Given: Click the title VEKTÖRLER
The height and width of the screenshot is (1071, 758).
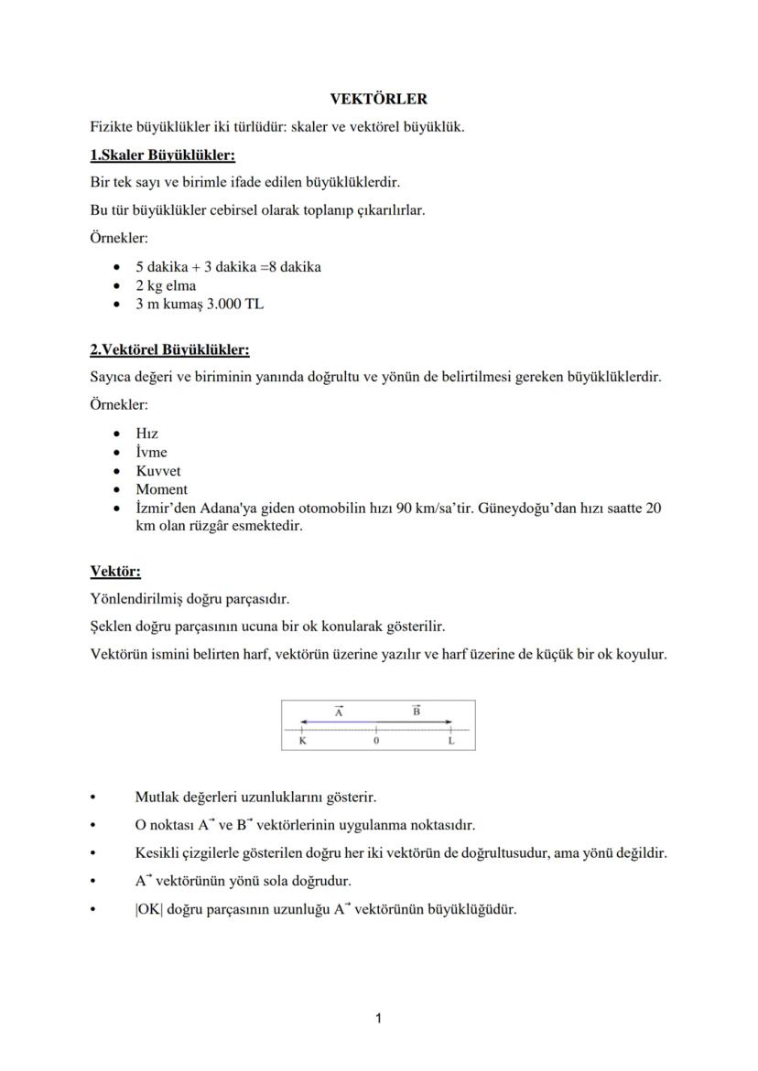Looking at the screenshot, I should pos(379,99).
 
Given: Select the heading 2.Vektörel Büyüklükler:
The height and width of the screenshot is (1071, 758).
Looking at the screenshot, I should pos(169,349).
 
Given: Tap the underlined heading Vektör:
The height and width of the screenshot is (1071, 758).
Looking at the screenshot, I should pos(115,572).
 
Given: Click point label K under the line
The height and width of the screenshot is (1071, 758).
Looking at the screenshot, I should pos(303,742).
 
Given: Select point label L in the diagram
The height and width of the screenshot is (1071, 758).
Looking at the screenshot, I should pos(450,742).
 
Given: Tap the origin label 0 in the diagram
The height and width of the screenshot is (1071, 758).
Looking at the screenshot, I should pos(376,742).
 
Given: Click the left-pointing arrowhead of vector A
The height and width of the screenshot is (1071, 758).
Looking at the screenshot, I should pos(305,723).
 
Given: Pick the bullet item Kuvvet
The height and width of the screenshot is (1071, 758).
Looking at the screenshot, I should pos(159,471).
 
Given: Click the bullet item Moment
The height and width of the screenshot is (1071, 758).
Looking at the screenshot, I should pos(161,489).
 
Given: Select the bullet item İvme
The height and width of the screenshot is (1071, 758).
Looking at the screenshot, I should pos(151,453).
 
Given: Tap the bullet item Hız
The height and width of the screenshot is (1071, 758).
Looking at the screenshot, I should pos(146,434).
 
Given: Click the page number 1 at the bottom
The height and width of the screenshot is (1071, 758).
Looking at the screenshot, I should pos(379,1018).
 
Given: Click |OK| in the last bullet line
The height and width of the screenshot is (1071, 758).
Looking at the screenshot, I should pos(149,910).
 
